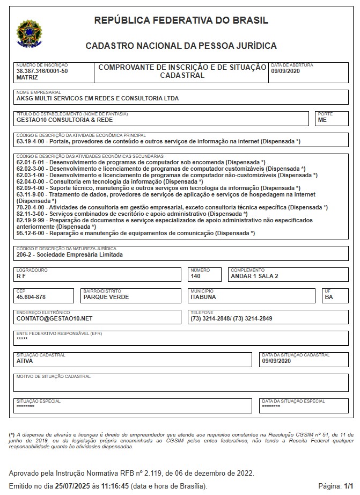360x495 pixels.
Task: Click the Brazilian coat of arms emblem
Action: [27, 33]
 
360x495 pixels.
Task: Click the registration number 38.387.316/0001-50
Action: [42, 71]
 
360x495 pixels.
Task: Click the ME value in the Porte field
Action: [322, 120]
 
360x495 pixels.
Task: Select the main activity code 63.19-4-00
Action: [32, 142]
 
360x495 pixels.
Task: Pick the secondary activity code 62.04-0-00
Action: [32, 182]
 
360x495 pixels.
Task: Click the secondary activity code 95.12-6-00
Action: [32, 234]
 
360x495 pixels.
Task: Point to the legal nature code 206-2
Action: [25, 255]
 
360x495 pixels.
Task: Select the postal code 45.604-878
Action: [31, 297]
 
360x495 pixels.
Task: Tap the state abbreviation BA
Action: [329, 297]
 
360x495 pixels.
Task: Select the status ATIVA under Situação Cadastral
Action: [25, 361]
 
